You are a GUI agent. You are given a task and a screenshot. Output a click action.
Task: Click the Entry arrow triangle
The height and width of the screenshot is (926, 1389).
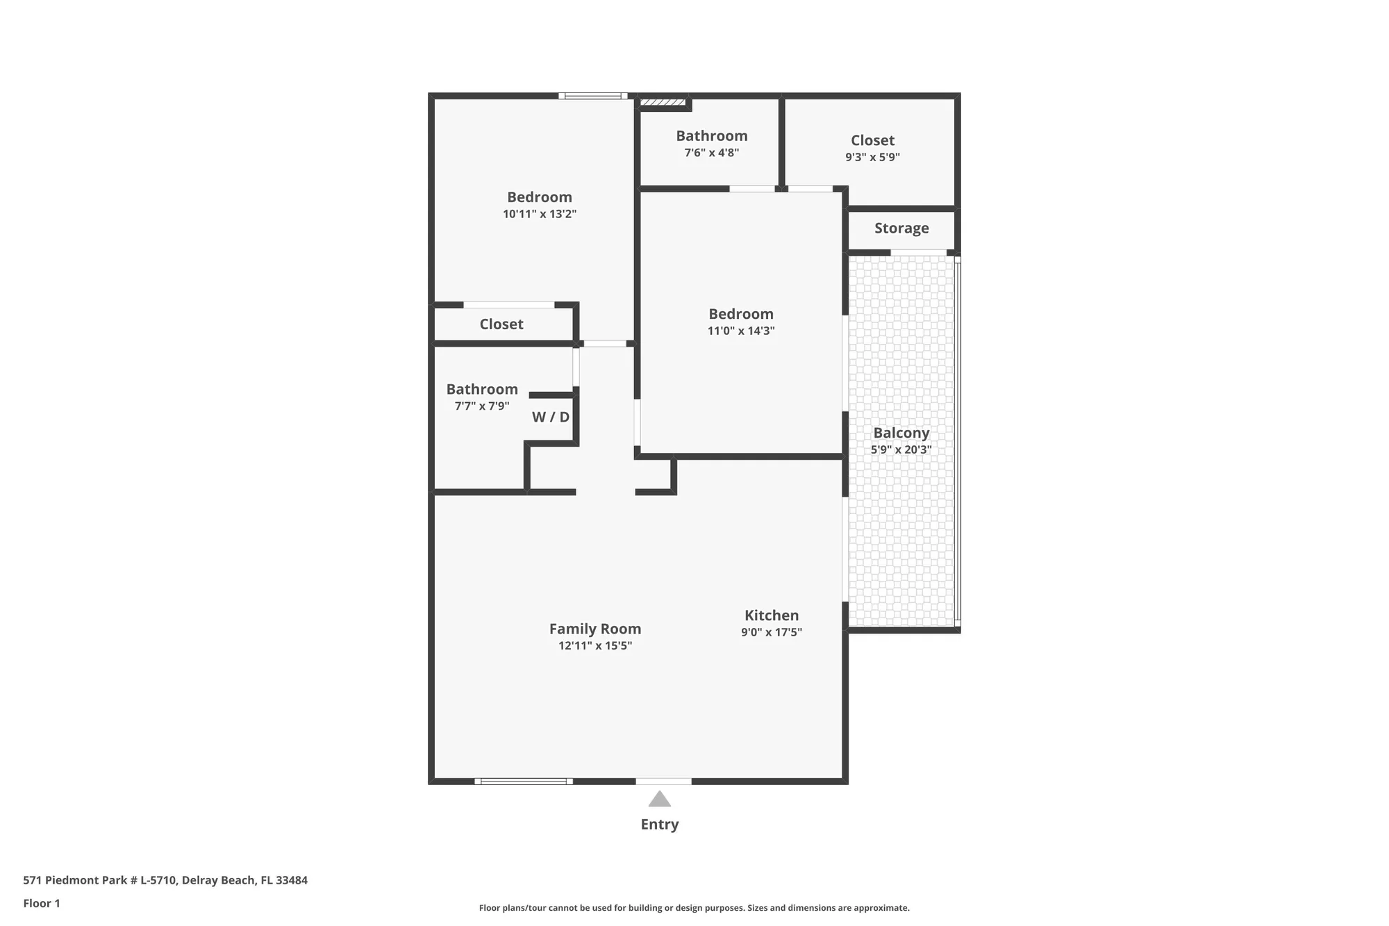(x=659, y=800)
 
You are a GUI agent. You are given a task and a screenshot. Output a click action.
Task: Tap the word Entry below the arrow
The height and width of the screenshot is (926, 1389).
(x=659, y=825)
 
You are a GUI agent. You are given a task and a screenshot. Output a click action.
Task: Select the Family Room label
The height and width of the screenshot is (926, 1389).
(x=595, y=629)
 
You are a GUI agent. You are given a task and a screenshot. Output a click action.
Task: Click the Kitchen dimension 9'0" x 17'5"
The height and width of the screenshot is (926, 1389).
(x=771, y=632)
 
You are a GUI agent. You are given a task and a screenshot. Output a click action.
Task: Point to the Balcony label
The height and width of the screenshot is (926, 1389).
(x=901, y=433)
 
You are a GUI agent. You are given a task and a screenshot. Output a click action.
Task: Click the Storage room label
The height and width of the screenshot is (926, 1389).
(x=901, y=228)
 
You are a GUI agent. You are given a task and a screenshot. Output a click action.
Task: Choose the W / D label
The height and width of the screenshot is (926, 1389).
(x=550, y=417)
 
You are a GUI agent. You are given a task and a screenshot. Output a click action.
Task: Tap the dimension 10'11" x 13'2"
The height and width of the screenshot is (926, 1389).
(x=540, y=214)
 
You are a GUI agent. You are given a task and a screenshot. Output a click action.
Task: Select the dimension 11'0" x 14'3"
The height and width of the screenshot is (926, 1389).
(x=740, y=331)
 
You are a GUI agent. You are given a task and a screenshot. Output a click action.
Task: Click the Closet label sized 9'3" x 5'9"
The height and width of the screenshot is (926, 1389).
(x=872, y=140)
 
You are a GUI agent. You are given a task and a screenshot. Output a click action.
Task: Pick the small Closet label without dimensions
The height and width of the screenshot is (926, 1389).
(x=501, y=324)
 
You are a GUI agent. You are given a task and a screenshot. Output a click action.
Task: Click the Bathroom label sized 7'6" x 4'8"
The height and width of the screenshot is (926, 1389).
(x=711, y=136)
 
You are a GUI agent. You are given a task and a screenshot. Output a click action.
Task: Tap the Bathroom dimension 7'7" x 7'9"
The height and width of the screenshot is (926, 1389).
(x=481, y=406)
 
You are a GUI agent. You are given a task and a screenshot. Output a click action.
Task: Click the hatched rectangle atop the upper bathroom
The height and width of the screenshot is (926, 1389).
(x=662, y=103)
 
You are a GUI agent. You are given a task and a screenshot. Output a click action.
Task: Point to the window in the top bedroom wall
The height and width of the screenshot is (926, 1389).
(x=592, y=96)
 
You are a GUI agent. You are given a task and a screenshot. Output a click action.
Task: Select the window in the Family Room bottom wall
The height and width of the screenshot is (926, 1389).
(x=523, y=782)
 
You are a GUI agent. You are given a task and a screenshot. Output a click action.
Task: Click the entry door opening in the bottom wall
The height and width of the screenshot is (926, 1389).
(x=663, y=782)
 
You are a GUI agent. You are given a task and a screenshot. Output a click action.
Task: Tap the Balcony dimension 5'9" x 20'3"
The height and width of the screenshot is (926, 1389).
(x=901, y=449)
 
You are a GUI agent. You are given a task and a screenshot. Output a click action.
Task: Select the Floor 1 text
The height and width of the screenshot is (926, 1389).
(x=42, y=903)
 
